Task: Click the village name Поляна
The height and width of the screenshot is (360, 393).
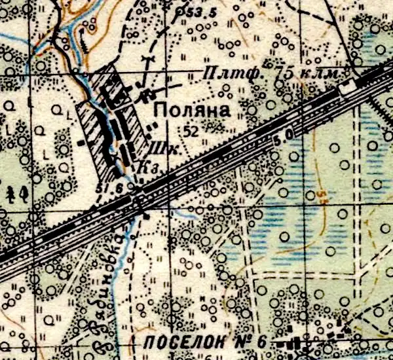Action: click(x=191, y=111)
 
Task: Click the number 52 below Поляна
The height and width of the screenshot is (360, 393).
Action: click(x=191, y=131)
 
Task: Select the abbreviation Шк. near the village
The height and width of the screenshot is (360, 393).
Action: click(x=160, y=147)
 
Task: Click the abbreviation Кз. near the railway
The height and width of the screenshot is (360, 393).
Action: click(x=145, y=168)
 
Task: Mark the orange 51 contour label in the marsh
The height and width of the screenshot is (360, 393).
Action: click(x=322, y=194)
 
